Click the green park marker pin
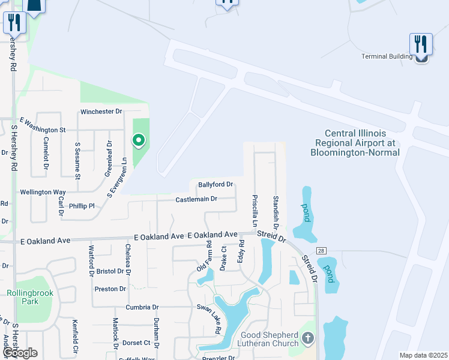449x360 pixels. [139, 141]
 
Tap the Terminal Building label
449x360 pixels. [387, 56]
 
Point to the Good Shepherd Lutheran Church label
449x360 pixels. [270, 339]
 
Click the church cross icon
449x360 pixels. [307, 339]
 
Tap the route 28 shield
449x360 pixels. [321, 250]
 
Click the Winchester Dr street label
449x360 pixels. [101, 112]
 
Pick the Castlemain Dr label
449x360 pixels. [196, 199]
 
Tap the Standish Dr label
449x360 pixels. [276, 212]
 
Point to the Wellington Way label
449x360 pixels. [43, 192]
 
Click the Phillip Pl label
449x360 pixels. [82, 206]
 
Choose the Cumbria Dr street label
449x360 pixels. [142, 307]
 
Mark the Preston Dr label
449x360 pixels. [110, 289]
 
